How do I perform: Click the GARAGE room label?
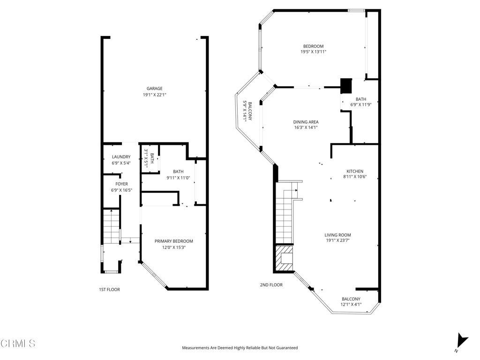coord(155,89)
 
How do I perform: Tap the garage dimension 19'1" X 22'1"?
coord(155,95)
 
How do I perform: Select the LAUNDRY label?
coord(121,157)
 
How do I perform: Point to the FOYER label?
coord(121,184)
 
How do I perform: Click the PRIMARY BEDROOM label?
coord(174,241)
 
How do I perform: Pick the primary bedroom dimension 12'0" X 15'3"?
coord(174,247)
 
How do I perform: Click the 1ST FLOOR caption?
coord(109,290)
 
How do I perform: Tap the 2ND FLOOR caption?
coord(271,285)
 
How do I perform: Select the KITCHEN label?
coord(355,171)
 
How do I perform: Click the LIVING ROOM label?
coord(337,235)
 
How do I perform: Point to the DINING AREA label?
coord(306,122)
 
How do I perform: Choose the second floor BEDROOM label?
coord(313,46)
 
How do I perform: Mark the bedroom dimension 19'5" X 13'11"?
coord(313,52)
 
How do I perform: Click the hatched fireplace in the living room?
coord(284,258)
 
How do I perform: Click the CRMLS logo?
coord(18,344)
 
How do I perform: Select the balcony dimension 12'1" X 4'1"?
coord(351,305)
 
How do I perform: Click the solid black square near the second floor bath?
coord(345,86)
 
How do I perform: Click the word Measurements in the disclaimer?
coord(197,348)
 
